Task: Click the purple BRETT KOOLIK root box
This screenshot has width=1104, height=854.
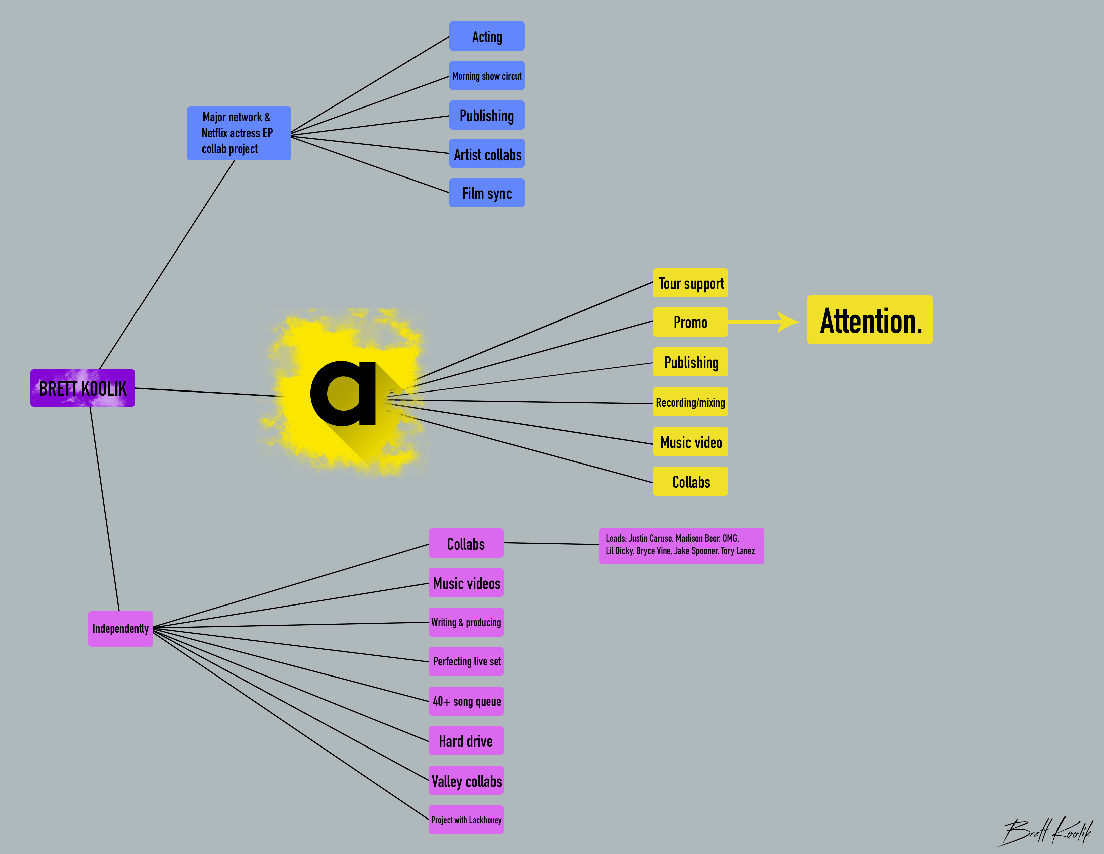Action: pyautogui.click(x=83, y=388)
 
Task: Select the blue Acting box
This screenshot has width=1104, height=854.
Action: pyautogui.click(x=487, y=37)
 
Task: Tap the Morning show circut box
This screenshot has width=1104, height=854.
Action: pyautogui.click(x=487, y=76)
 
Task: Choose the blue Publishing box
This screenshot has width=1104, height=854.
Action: pyautogui.click(x=487, y=115)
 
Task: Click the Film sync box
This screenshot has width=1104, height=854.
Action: pyautogui.click(x=487, y=193)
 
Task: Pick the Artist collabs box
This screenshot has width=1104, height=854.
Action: pyautogui.click(x=487, y=154)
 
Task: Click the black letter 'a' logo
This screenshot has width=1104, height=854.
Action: pyautogui.click(x=344, y=393)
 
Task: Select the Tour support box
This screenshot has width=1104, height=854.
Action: pyautogui.click(x=691, y=283)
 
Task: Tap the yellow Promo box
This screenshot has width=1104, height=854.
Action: pyautogui.click(x=691, y=322)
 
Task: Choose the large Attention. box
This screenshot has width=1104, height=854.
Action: pyautogui.click(x=869, y=320)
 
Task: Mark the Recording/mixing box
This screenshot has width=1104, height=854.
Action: pyautogui.click(x=691, y=402)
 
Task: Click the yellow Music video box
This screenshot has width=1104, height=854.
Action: pyautogui.click(x=691, y=442)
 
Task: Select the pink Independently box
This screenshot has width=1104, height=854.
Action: pyautogui.click(x=121, y=628)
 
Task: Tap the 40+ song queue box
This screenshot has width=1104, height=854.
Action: pyautogui.click(x=466, y=701)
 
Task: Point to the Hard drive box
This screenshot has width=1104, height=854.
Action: pyautogui.click(x=466, y=741)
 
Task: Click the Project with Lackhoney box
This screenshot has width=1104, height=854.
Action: pyautogui.click(x=466, y=820)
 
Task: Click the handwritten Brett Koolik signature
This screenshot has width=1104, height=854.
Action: pyautogui.click(x=1046, y=830)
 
